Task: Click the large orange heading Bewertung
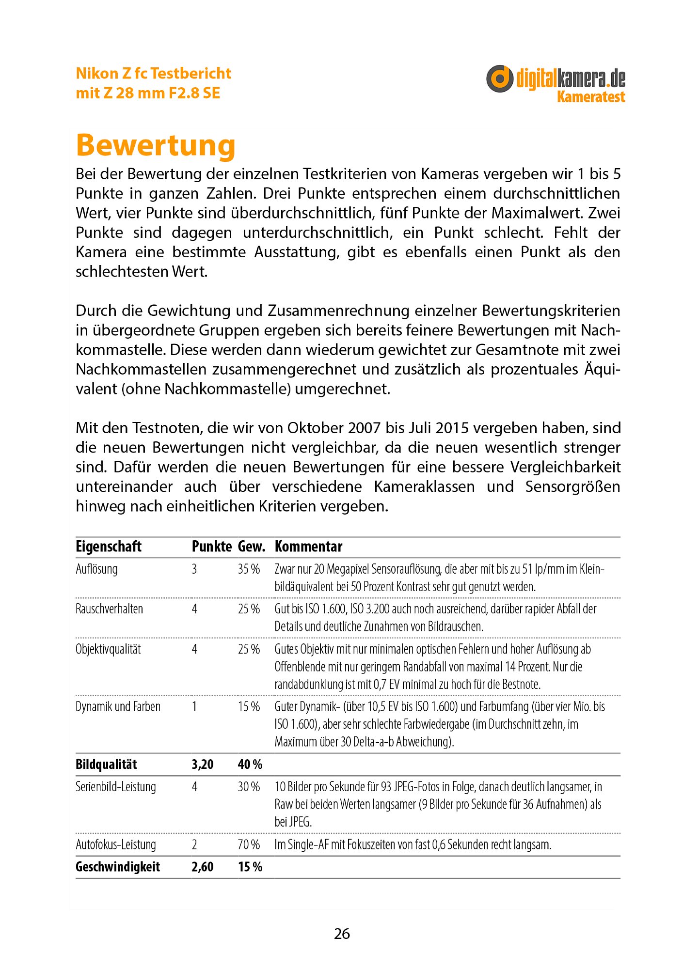(x=156, y=145)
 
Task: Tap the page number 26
(x=342, y=934)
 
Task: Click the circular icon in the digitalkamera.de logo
(x=499, y=78)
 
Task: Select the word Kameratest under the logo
(x=591, y=96)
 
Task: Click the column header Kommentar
(x=308, y=547)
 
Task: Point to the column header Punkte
(x=211, y=547)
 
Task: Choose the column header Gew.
(x=251, y=547)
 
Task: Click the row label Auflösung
(x=96, y=569)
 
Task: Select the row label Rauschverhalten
(x=109, y=609)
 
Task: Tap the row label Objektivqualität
(x=108, y=649)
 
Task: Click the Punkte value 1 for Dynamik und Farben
(x=194, y=707)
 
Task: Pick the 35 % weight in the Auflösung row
(x=249, y=569)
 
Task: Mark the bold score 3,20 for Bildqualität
(x=203, y=765)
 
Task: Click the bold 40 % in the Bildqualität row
(x=250, y=765)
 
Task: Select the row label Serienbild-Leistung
(x=116, y=787)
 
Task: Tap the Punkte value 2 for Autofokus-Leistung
(x=194, y=844)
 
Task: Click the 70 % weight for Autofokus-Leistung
(x=249, y=844)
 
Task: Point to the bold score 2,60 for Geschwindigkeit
(x=203, y=867)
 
